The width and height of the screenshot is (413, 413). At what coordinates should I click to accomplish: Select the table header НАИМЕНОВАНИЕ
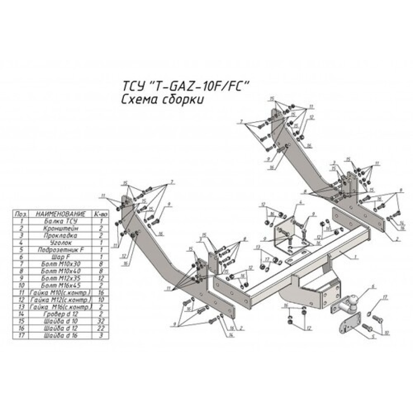click(60, 214)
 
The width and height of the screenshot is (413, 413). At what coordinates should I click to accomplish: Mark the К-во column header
click(100, 214)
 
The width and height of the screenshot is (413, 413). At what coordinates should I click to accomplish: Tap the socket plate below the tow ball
click(349, 324)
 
